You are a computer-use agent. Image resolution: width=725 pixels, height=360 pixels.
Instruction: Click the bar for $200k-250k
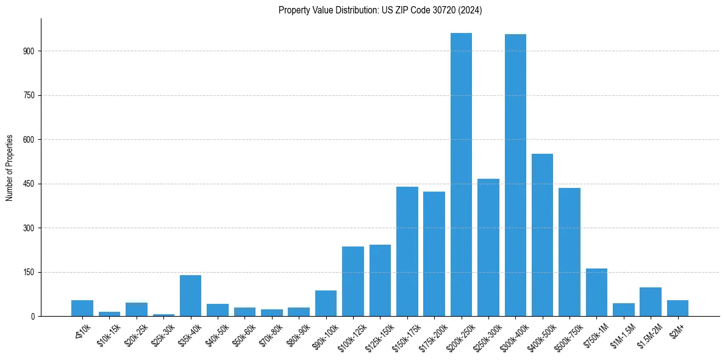[461, 175]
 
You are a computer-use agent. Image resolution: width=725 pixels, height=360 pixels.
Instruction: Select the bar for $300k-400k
[515, 175]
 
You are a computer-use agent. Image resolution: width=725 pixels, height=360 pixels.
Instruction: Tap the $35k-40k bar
[190, 296]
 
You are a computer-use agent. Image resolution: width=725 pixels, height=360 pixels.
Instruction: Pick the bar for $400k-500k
[542, 235]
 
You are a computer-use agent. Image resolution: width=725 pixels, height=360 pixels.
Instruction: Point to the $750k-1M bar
[596, 292]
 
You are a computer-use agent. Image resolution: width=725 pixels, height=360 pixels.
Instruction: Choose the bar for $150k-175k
[407, 251]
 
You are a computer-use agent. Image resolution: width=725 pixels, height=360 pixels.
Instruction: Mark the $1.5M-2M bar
[651, 302]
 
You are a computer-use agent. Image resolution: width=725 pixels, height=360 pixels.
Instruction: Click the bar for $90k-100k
[326, 303]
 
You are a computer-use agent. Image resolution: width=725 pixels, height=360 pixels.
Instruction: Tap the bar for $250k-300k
[488, 247]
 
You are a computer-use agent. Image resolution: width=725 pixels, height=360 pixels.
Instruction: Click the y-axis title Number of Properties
[10, 167]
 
